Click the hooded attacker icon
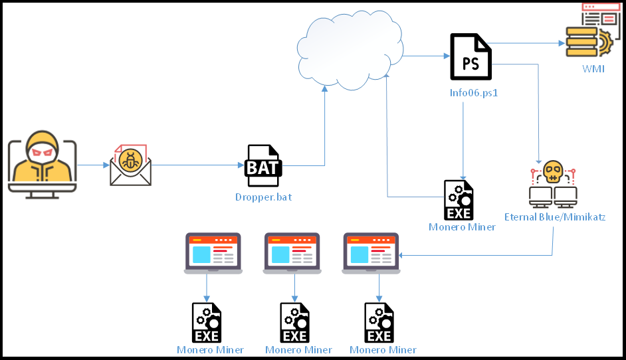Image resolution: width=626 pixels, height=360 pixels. [x=42, y=163]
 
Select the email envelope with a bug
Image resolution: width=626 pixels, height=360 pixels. [x=130, y=165]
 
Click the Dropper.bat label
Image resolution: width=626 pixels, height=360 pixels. [x=263, y=197]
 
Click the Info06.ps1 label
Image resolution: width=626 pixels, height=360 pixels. [x=474, y=93]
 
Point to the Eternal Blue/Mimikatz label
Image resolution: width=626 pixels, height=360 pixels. [x=555, y=217]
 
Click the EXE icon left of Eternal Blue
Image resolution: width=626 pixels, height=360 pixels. [x=459, y=200]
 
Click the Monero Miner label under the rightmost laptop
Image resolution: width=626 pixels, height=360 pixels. [x=383, y=350]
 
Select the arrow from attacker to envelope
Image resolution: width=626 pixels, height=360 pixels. [x=93, y=165]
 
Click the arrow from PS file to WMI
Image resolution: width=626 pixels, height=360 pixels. [x=528, y=44]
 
